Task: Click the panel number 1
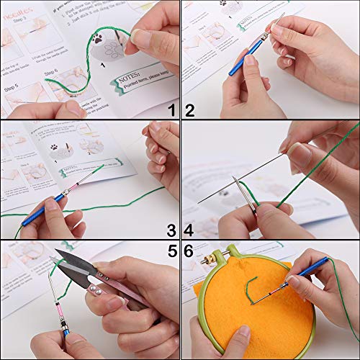tap(171, 110)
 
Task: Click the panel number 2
tap(190, 110)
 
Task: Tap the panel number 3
tap(171, 230)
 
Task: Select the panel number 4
tap(190, 230)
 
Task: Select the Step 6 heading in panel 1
tap(50, 73)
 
